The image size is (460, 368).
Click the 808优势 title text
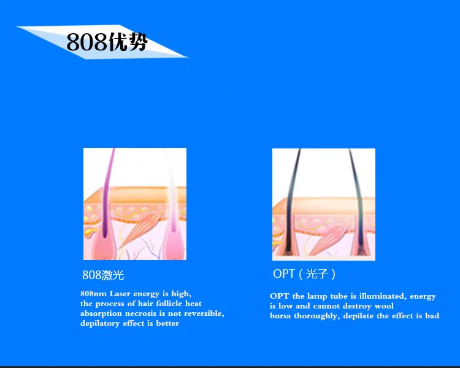(107, 42)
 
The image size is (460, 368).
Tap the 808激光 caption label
(103, 275)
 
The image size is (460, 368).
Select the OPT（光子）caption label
(304, 274)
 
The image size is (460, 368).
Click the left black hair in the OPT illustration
(292, 202)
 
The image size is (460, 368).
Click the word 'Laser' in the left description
(120, 293)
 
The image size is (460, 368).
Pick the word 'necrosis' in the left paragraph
(140, 313)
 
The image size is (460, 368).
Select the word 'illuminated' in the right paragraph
(383, 296)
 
